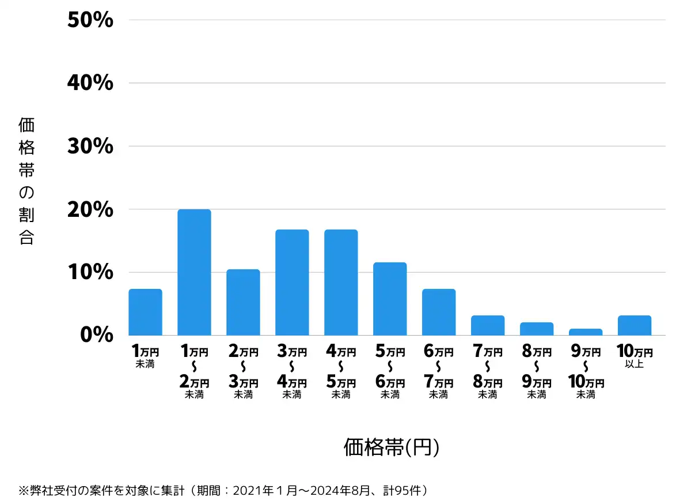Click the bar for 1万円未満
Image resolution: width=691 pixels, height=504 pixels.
tap(145, 312)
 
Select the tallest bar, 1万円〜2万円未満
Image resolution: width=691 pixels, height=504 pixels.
tap(194, 272)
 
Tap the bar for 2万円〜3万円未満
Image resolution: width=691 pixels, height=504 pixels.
tap(243, 302)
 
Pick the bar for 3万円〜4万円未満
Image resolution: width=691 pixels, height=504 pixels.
tap(292, 283)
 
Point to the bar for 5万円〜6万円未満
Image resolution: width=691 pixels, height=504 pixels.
tap(390, 299)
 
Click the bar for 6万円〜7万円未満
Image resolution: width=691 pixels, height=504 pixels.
tap(439, 312)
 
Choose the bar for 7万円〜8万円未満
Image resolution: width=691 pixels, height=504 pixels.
tap(488, 325)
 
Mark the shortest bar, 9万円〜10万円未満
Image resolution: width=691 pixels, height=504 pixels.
tap(586, 332)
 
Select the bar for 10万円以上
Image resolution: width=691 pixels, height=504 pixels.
tap(635, 325)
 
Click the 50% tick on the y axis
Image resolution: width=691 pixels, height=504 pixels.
tap(90, 21)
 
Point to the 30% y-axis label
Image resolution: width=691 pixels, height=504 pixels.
tap(90, 146)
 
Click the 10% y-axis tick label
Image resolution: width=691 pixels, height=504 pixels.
tap(90, 272)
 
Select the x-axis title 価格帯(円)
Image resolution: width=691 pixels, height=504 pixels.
tap(392, 447)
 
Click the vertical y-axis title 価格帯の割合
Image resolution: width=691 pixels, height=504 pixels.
tap(26, 181)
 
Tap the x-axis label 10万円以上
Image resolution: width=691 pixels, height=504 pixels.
tap(634, 356)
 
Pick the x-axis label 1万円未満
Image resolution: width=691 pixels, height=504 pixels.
tap(145, 356)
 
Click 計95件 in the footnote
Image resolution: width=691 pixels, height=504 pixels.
tap(405, 491)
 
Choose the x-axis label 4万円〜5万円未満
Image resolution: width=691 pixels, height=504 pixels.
tap(341, 372)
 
